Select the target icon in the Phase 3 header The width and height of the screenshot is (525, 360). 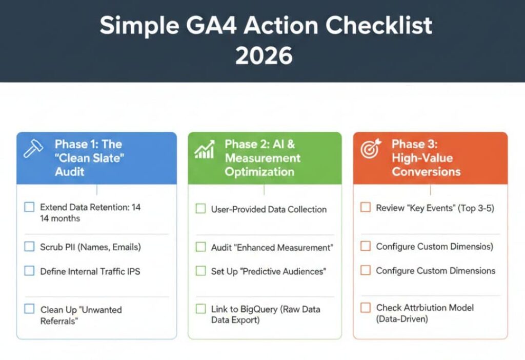[370, 149]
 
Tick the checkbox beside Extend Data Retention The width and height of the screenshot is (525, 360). [30, 207]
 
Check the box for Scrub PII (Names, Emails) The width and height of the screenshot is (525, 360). [30, 247]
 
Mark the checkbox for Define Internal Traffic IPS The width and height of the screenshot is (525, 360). [30, 271]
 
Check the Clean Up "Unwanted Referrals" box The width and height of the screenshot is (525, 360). [30, 309]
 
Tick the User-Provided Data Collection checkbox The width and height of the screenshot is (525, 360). [201, 209]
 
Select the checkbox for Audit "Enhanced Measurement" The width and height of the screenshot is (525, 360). [201, 247]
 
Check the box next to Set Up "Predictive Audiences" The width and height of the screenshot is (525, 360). [201, 271]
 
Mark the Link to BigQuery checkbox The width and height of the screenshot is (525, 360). [201, 309]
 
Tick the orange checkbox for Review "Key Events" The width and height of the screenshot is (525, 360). [366, 208]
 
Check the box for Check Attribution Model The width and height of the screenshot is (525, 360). [366, 308]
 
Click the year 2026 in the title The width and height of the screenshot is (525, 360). [264, 55]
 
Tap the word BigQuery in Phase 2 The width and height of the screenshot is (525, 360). [261, 309]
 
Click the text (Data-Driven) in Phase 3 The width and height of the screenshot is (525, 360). [402, 319]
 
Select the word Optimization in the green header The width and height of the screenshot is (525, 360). [259, 171]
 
